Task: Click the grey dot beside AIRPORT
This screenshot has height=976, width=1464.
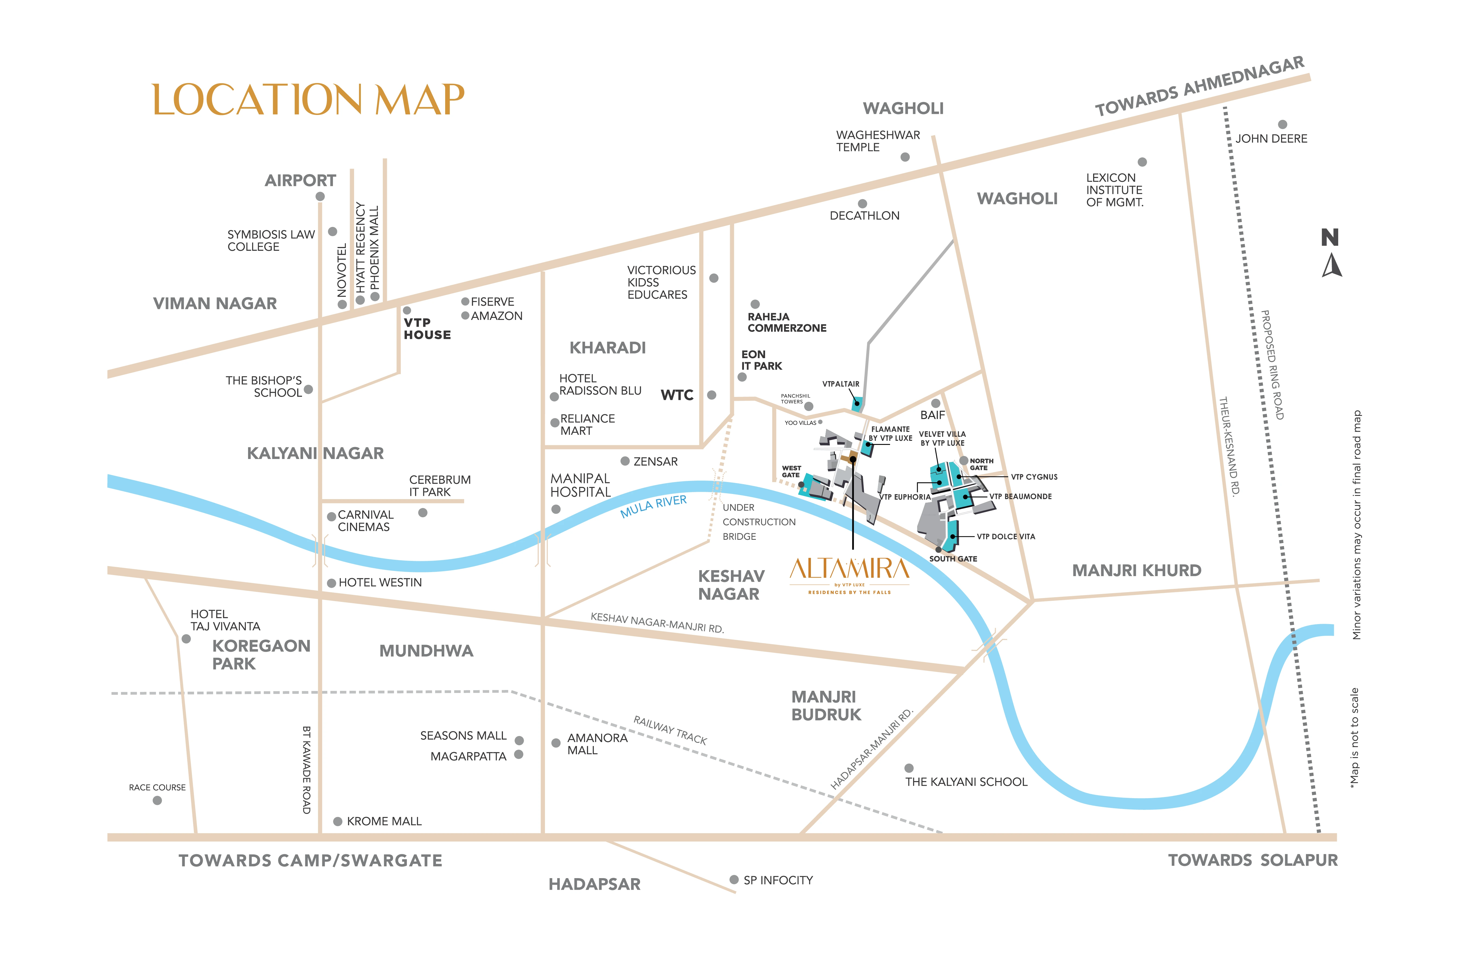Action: pyautogui.click(x=320, y=197)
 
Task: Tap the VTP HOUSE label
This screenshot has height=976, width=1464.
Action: pyautogui.click(x=427, y=329)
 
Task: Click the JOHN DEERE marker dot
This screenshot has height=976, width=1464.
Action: pyautogui.click(x=1282, y=124)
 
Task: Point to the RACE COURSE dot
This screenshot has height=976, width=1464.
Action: pyautogui.click(x=158, y=801)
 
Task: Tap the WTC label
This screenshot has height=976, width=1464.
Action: pyautogui.click(x=677, y=395)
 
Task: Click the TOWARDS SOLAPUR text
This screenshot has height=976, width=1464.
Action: pyautogui.click(x=1252, y=860)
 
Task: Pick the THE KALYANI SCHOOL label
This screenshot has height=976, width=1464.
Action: pyautogui.click(x=966, y=782)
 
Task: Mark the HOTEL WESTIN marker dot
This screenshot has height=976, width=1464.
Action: pyautogui.click(x=332, y=583)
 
